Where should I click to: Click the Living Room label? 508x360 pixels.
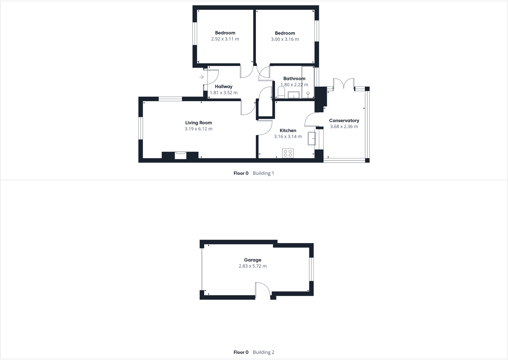click(198, 123)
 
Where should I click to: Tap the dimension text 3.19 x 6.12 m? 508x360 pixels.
click(198, 129)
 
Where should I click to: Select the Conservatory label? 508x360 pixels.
click(344, 120)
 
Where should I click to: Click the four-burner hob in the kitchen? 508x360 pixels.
click(288, 153)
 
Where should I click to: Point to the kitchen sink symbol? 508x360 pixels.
click(312, 139)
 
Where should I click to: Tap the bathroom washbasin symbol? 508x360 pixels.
click(294, 95)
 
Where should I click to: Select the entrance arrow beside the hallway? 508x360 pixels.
click(201, 77)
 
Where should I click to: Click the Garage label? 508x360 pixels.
click(252, 260)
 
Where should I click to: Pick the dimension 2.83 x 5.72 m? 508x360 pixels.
click(252, 266)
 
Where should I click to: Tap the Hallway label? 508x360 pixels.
click(224, 87)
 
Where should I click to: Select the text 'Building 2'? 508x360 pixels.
click(263, 352)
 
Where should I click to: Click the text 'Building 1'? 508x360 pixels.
click(263, 173)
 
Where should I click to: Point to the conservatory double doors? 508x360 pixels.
click(343, 84)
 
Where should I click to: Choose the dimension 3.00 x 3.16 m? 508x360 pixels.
click(285, 39)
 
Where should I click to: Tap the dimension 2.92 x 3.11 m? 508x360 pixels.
click(225, 39)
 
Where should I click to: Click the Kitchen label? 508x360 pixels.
click(288, 130)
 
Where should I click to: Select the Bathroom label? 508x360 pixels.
click(294, 79)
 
